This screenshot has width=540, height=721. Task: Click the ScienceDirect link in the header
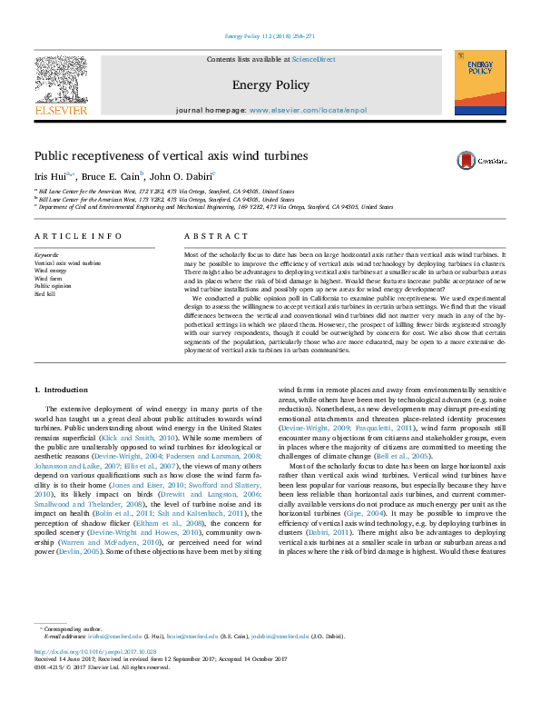314,59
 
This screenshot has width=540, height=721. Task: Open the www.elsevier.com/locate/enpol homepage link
308,110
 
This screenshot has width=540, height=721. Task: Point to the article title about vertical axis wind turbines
171,156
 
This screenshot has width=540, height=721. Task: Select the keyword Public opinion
52,287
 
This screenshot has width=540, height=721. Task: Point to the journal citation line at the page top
270,36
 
